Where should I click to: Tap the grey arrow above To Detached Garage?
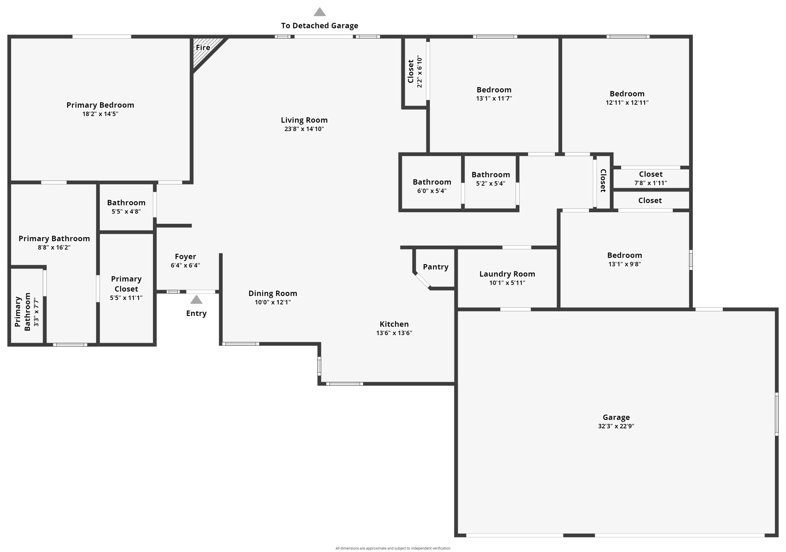319,13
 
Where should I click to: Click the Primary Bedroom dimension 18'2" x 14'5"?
100,114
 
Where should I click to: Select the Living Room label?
304,120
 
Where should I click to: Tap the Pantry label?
435,267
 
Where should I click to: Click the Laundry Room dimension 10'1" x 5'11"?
507,283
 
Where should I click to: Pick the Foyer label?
185,257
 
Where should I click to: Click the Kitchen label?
394,324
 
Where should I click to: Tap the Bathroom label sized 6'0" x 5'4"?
432,182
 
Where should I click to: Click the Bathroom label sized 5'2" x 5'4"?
490,174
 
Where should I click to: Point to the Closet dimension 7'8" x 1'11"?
651,183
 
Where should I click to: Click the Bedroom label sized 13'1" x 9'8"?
624,255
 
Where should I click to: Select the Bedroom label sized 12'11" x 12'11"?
627,94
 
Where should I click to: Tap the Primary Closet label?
126,284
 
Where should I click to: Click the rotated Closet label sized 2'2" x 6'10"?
411,72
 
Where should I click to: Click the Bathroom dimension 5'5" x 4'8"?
126,211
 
